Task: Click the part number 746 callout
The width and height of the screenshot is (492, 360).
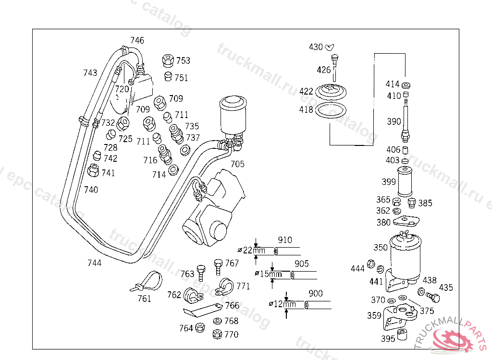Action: (x=137, y=40)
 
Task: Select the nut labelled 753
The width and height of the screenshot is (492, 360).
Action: (x=168, y=60)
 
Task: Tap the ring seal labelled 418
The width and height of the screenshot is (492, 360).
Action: (x=331, y=110)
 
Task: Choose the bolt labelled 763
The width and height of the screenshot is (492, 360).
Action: (x=201, y=273)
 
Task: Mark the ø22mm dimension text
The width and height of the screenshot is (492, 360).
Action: (x=251, y=250)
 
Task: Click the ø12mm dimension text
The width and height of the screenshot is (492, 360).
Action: (x=283, y=304)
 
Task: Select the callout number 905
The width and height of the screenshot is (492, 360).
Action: (x=302, y=264)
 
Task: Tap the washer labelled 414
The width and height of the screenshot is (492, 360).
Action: (x=406, y=85)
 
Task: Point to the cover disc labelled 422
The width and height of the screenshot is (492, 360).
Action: (x=331, y=92)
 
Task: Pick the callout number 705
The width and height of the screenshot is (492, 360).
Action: (x=237, y=164)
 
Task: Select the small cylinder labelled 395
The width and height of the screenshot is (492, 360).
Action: (x=402, y=335)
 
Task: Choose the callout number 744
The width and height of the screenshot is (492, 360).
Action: (x=95, y=263)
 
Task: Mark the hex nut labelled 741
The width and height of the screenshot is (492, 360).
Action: (x=93, y=170)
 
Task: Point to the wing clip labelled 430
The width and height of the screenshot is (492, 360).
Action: (x=330, y=47)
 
